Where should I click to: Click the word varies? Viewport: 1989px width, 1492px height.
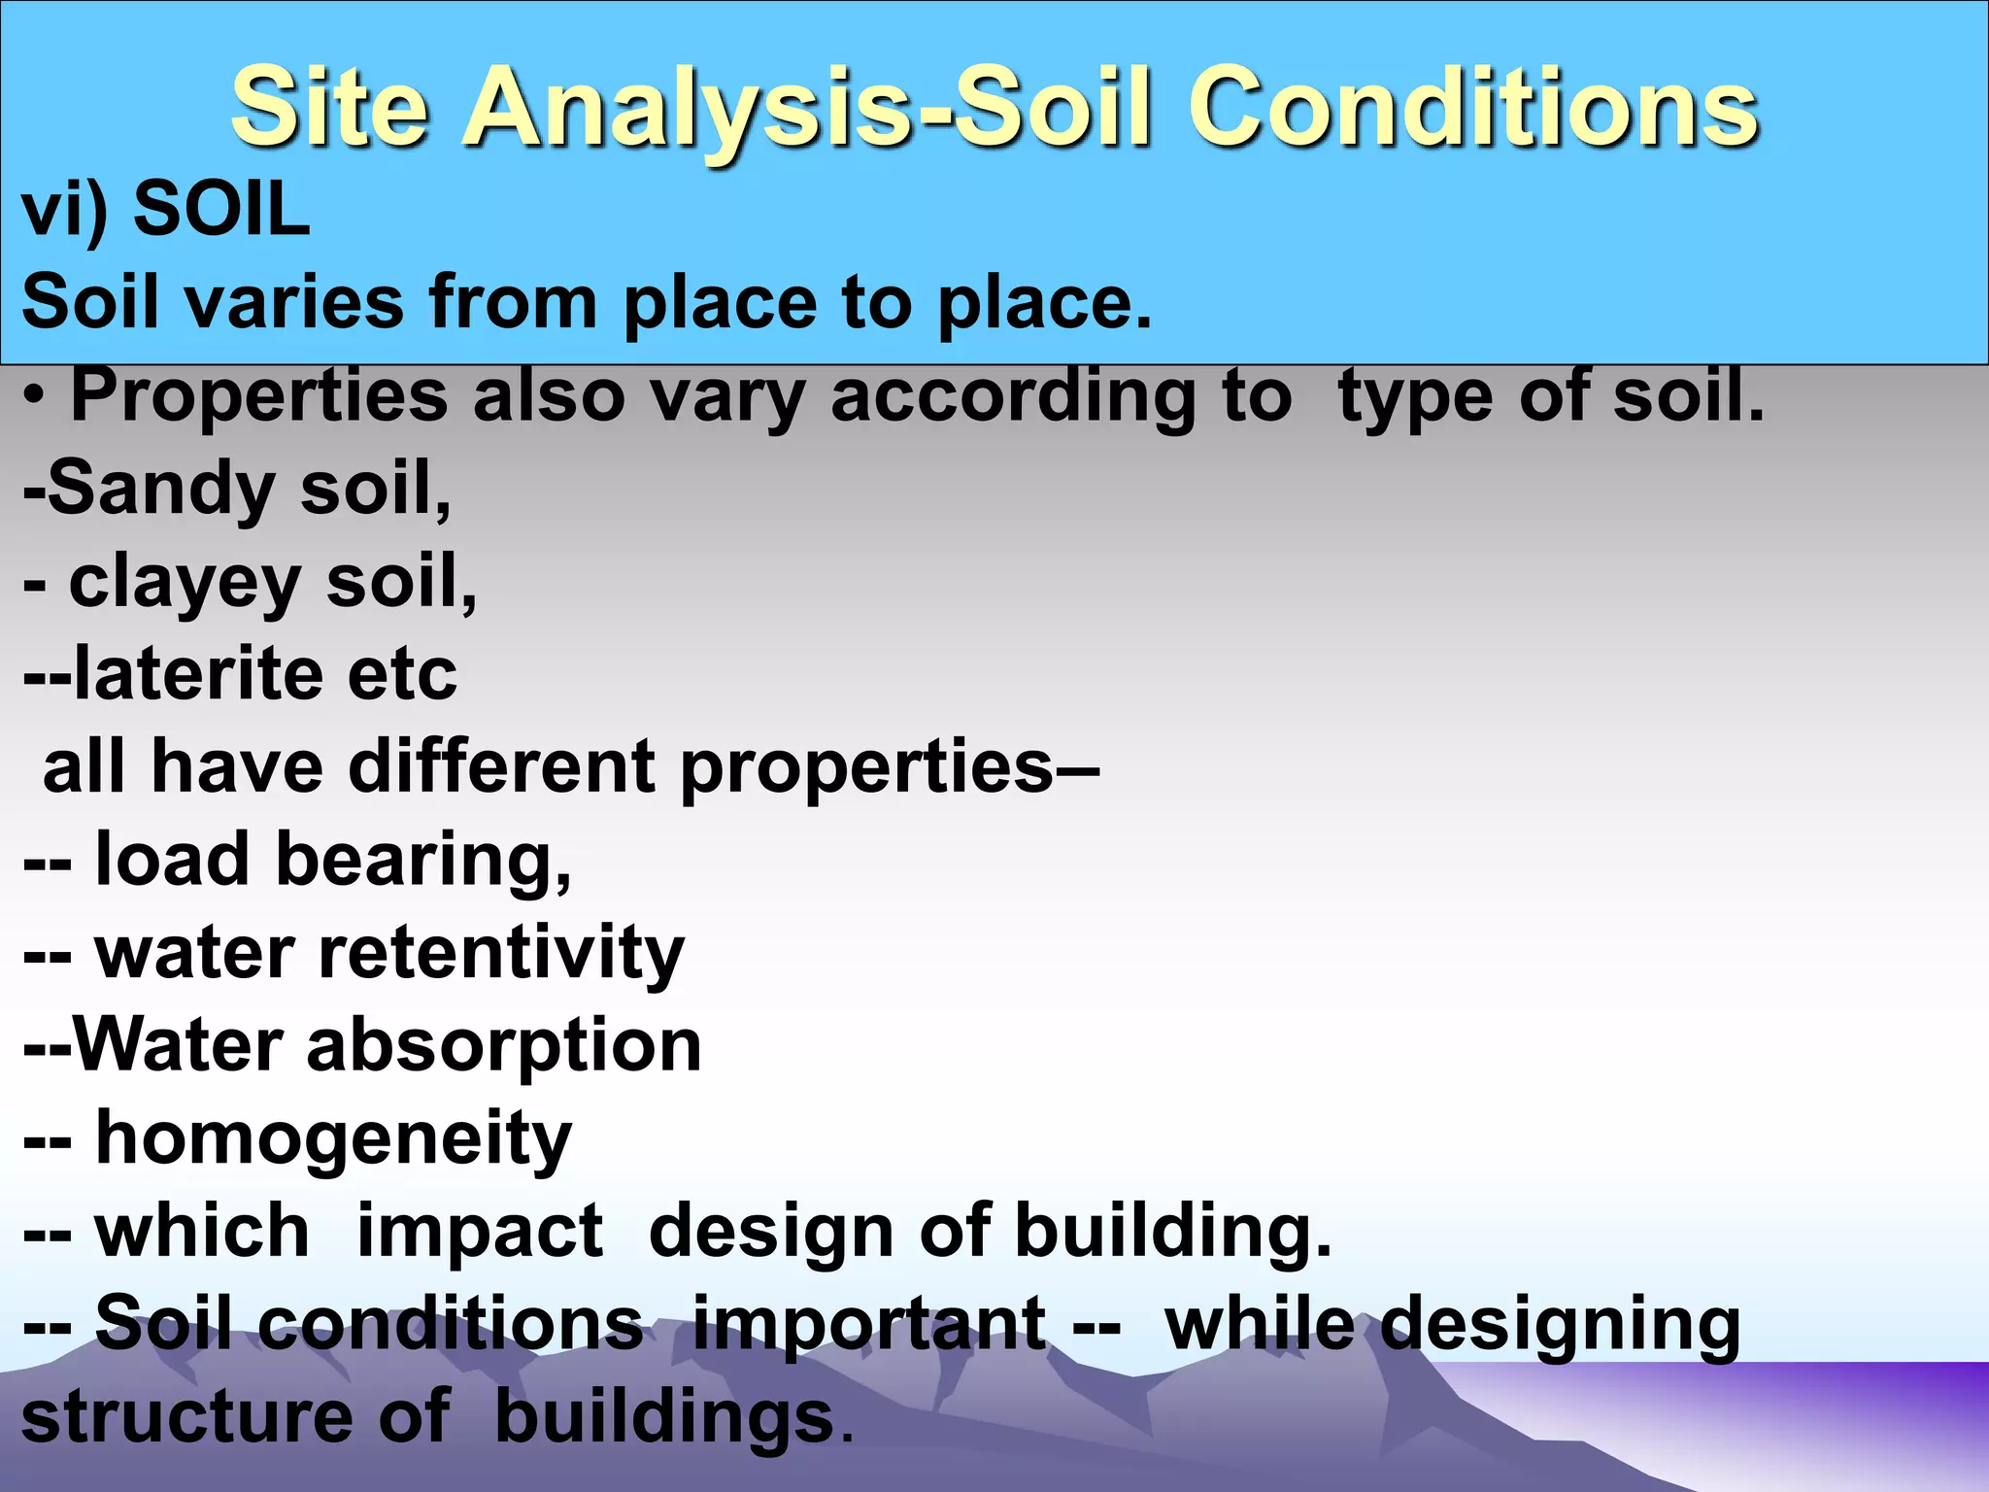(293, 302)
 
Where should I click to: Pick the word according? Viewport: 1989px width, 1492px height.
(1012, 397)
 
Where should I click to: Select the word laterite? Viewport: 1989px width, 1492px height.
(198, 674)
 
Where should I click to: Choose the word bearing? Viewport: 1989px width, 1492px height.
(423, 861)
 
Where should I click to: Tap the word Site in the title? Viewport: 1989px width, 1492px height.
(330, 107)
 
